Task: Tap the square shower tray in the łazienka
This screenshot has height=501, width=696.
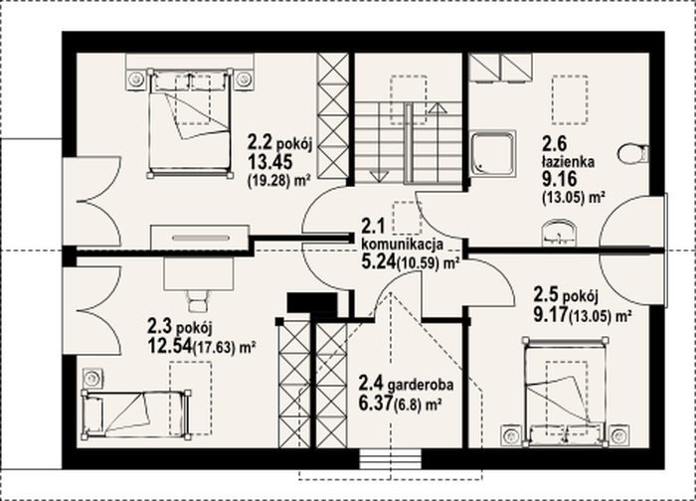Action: click(x=493, y=153)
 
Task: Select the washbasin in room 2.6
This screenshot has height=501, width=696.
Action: click(x=559, y=233)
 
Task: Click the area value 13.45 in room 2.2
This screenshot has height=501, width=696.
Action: click(x=269, y=162)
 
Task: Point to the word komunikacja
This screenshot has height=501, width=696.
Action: click(x=403, y=244)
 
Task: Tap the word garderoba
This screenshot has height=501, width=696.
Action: click(x=421, y=385)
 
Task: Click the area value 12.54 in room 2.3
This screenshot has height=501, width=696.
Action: click(x=170, y=346)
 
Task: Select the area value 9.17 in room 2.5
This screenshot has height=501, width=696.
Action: click(x=551, y=314)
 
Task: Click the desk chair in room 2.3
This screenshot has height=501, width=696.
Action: click(x=198, y=301)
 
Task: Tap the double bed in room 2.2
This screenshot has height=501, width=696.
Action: click(x=191, y=123)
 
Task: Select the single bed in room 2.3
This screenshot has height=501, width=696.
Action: click(x=137, y=415)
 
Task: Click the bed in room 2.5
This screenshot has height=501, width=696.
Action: click(x=565, y=392)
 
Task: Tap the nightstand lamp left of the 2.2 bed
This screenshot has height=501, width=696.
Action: click(x=136, y=80)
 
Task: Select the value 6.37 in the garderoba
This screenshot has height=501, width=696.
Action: click(x=376, y=404)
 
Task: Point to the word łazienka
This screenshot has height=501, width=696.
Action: click(x=568, y=162)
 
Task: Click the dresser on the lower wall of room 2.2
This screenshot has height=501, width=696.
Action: click(x=200, y=237)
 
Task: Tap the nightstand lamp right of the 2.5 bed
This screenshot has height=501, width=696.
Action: click(x=618, y=435)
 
